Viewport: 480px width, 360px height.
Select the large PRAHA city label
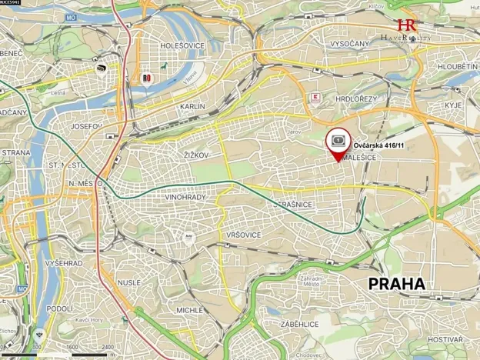tap(396, 284)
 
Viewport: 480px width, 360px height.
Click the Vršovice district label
tap(245, 235)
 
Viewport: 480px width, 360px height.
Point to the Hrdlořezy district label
tap(355, 99)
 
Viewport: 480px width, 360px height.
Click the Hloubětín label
tap(458, 67)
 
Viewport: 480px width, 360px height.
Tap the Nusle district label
tap(128, 282)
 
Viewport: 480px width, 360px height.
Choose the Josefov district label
tap(85, 125)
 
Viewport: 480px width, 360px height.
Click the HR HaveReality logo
tap(406, 30)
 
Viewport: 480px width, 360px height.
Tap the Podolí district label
tap(59, 308)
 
